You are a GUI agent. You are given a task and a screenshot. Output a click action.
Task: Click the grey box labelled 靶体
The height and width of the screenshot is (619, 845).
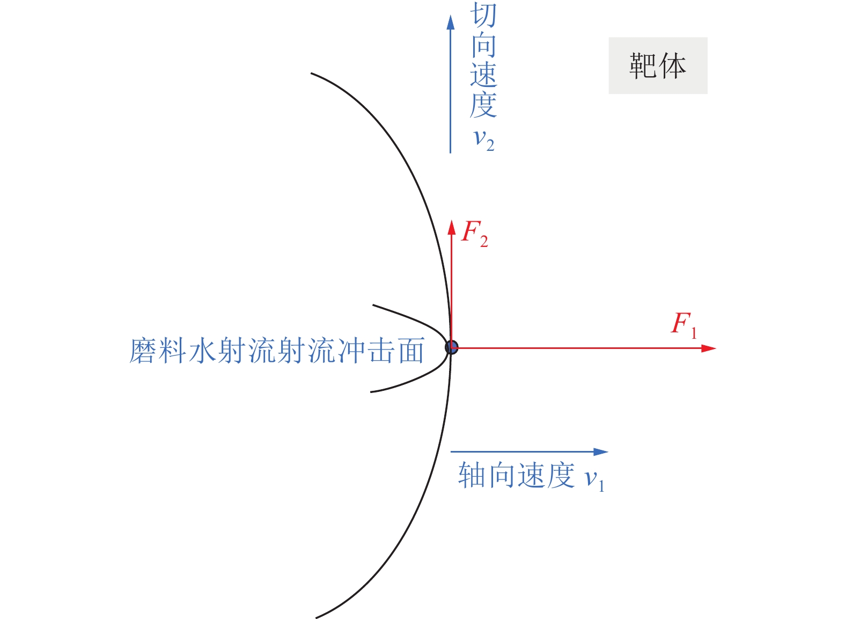point(658,65)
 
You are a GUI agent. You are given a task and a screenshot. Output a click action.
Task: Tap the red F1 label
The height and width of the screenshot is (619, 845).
point(684,324)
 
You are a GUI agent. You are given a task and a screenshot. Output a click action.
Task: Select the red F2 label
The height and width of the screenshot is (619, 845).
point(474,233)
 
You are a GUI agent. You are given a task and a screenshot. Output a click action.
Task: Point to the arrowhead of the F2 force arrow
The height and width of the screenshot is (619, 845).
point(452,227)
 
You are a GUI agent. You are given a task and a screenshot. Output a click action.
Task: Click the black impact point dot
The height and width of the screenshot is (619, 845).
point(452,347)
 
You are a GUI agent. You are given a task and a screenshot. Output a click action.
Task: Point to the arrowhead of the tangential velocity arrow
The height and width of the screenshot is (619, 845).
point(451,23)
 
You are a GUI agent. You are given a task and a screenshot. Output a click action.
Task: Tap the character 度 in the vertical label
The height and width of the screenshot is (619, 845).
point(483,105)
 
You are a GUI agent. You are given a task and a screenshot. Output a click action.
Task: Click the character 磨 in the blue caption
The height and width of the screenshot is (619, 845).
point(143,351)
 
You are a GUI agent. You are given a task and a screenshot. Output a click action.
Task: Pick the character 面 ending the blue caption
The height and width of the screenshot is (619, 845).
point(410,351)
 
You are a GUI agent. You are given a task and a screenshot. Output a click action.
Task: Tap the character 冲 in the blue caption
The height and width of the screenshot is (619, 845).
point(351,351)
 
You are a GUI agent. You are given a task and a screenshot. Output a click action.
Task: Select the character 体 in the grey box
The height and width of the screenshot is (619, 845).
point(673,66)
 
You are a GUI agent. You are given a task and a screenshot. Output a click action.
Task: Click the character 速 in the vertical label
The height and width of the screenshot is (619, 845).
point(483,75)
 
